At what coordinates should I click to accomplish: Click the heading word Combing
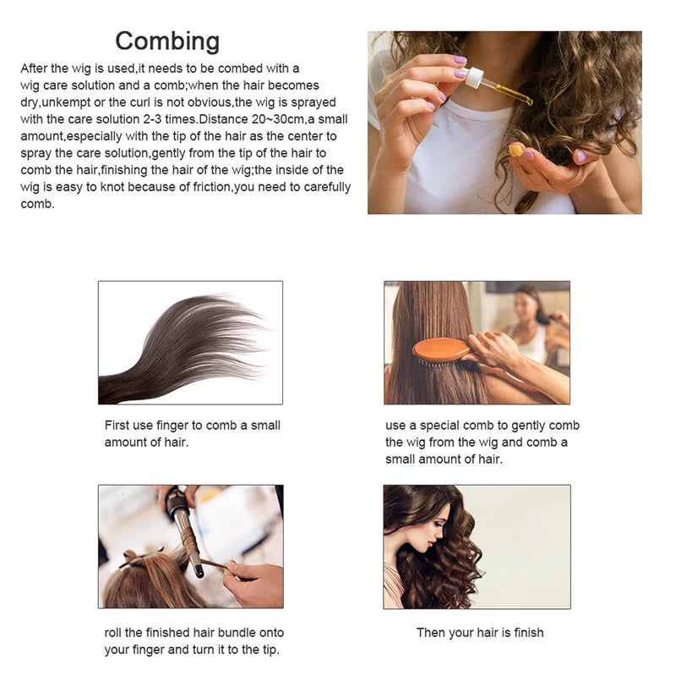[167, 41]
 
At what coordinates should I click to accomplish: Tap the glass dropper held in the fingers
[499, 88]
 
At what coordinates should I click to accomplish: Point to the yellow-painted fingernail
[515, 150]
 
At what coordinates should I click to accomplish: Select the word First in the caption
[117, 426]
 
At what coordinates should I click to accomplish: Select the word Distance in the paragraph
[222, 118]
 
